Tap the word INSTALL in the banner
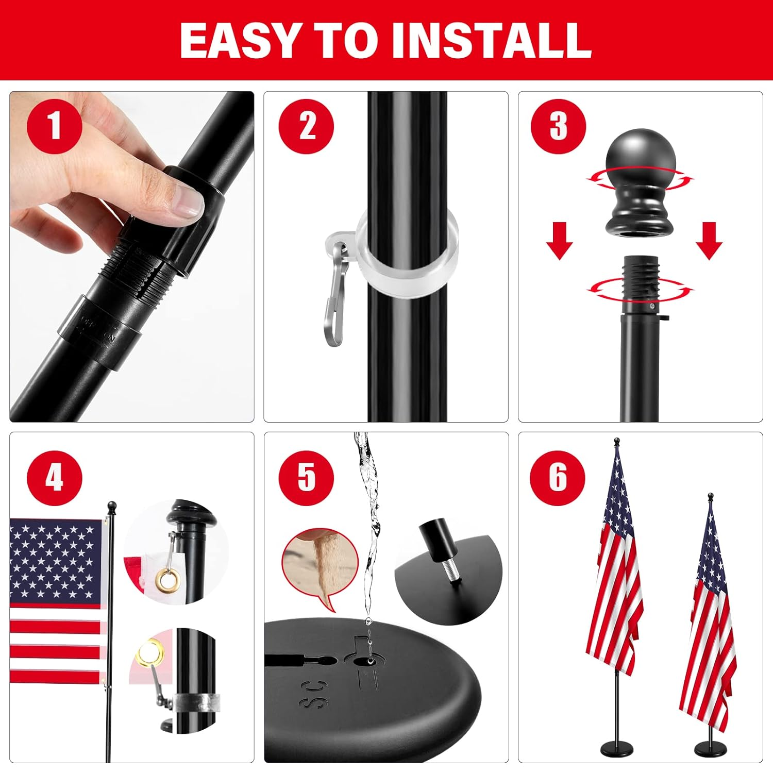[491, 40]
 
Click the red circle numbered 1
[54, 126]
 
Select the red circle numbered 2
[306, 126]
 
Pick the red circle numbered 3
[558, 126]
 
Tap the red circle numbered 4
[54, 478]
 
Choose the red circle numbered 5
[306, 478]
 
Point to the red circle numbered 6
[558, 478]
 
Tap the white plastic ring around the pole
[407, 258]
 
